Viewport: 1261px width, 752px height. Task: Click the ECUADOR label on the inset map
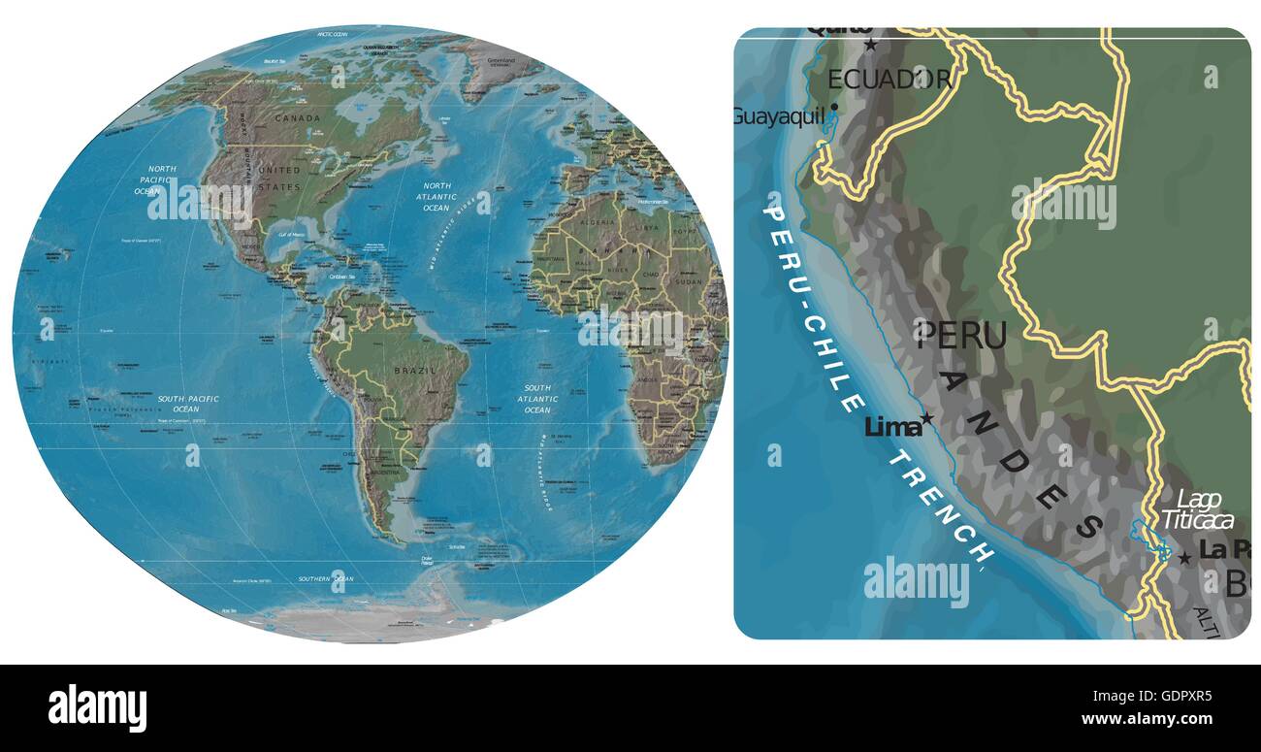point(889,79)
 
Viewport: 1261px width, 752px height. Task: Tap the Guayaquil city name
point(778,116)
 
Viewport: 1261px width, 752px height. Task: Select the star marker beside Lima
point(927,419)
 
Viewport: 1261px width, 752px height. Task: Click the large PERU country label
point(961,336)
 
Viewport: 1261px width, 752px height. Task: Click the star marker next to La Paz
point(1184,558)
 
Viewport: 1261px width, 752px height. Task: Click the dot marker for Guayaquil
point(833,108)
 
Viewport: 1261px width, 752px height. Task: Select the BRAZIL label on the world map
point(416,371)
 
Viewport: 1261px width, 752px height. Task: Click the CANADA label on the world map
point(297,118)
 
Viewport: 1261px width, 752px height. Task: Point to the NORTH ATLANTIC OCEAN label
point(436,196)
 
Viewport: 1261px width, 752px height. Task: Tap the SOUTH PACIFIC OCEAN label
point(188,404)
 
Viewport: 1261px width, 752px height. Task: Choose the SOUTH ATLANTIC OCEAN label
point(537,399)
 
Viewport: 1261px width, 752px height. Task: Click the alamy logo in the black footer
point(97,707)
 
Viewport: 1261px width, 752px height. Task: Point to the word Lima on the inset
point(890,427)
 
